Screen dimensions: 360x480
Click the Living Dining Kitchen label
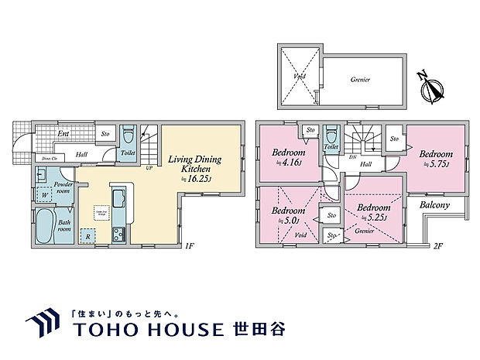195,163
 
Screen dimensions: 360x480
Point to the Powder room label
63,187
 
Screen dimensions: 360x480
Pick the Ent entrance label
63,134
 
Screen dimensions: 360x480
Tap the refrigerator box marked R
89,236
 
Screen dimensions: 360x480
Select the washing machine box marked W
43,194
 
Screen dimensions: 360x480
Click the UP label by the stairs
147,166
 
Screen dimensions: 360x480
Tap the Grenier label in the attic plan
360,79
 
